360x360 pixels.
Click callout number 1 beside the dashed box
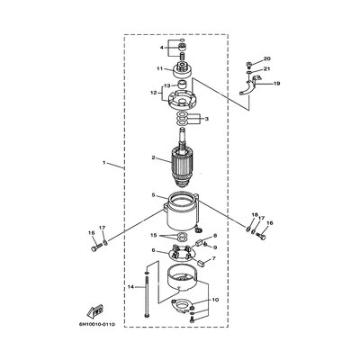(104, 164)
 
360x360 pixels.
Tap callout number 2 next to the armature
(154, 159)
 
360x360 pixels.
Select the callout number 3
(206, 119)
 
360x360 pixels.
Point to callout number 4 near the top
(162, 47)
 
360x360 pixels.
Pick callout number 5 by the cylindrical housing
(154, 195)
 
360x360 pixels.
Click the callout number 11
(158, 68)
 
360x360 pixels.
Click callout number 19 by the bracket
(277, 84)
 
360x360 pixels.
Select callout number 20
(267, 59)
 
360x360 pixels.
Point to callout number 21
(267, 69)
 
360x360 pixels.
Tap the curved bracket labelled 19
(254, 89)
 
